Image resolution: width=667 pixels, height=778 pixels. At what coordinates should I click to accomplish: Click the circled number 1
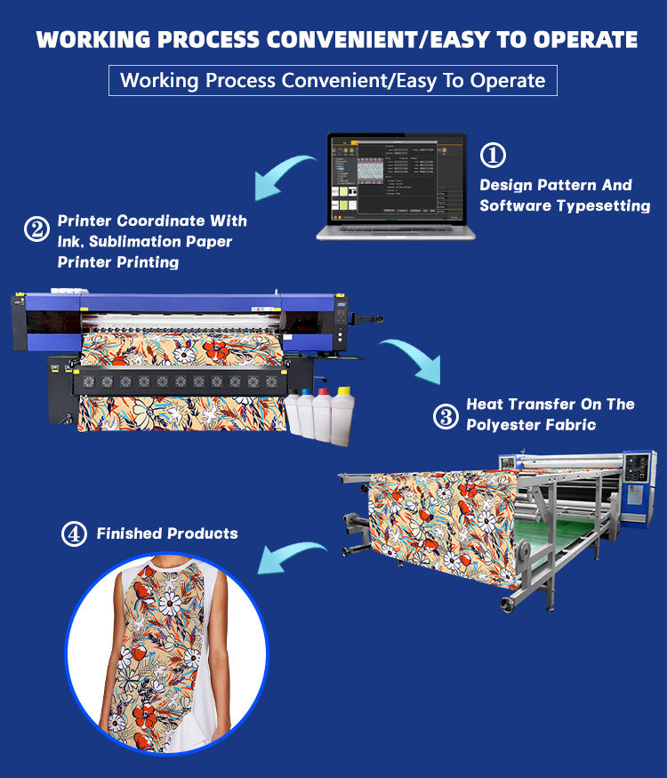[x=493, y=155]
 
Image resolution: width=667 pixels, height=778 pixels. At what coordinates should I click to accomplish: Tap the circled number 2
[x=36, y=230]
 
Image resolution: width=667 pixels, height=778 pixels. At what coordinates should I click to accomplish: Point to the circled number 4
[x=74, y=534]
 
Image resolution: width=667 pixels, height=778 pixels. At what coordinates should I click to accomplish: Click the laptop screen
[x=396, y=178]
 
